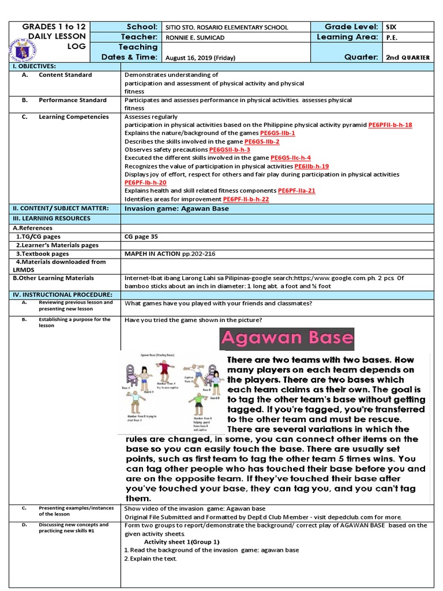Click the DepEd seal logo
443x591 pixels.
21,51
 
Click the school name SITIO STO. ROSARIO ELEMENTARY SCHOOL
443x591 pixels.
226,27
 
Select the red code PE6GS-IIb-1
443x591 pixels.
277,133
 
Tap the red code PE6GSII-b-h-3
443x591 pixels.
229,149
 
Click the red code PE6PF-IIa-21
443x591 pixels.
296,190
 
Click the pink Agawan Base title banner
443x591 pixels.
287,338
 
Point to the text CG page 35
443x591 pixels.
141,237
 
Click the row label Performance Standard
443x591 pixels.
73,100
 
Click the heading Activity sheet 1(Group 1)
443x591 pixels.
182,542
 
